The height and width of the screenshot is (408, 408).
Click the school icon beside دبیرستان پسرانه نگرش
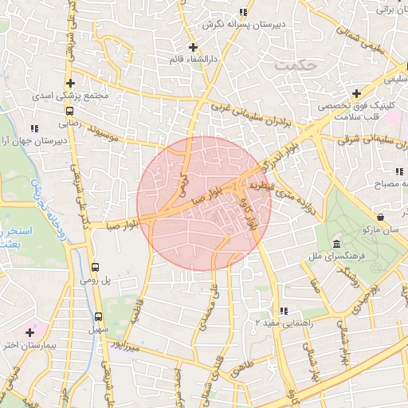243,13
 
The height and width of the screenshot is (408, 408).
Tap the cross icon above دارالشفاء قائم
193,47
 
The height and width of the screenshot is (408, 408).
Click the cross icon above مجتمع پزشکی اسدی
71,83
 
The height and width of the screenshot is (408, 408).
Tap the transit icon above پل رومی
96,268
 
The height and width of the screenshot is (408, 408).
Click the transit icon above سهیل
98,316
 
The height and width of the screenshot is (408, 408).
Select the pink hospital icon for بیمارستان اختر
31,331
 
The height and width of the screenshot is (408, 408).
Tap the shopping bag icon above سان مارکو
380,217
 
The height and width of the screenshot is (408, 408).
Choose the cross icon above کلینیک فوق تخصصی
355,94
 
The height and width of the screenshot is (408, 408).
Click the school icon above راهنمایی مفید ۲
283,311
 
